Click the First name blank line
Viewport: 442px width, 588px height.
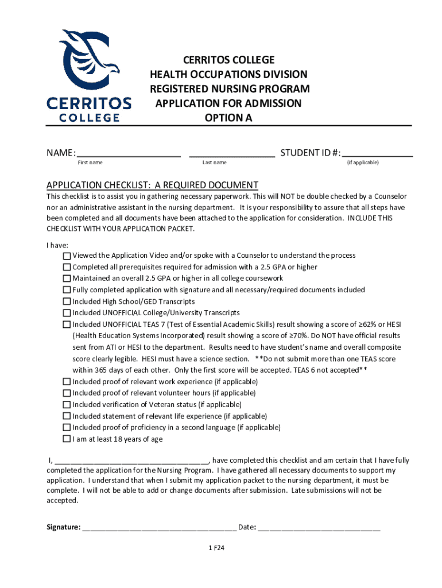coord(129,154)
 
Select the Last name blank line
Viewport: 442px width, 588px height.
coord(231,154)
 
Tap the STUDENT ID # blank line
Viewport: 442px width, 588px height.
coord(377,154)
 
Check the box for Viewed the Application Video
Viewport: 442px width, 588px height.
coord(67,256)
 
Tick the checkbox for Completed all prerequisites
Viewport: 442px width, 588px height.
coord(67,267)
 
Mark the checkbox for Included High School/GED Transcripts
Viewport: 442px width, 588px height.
coord(67,301)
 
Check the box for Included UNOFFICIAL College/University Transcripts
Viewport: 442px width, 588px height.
coord(67,313)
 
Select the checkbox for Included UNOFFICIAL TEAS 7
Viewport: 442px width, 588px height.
coord(67,324)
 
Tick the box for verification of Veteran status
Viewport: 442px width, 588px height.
coord(67,404)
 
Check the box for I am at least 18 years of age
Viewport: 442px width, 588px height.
coord(67,439)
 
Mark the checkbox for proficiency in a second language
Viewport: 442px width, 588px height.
coord(67,428)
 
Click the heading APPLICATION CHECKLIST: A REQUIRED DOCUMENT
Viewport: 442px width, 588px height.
coord(152,185)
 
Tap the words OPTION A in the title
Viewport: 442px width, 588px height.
coord(228,118)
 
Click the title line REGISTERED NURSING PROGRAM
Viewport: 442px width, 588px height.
coord(230,89)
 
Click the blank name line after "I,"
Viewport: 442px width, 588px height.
coord(132,461)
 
